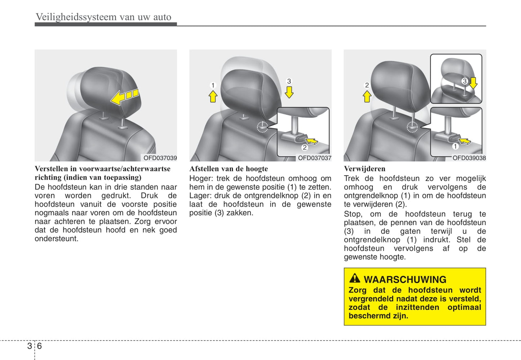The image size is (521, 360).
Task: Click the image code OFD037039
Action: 160,158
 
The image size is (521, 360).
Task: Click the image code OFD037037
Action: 315,158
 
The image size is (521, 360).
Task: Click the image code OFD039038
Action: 469,158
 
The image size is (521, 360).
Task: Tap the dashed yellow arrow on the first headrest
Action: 125,97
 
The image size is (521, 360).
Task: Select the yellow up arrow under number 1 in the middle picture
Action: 213,96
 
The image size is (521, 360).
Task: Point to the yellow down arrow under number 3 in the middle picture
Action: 289,92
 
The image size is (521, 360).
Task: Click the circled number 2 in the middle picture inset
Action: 305,147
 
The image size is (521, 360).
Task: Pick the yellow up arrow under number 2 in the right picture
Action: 367,96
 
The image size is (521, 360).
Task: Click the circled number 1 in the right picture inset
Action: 455,146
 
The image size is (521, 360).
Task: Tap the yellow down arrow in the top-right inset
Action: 473,83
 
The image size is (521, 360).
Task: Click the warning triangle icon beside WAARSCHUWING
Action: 354,278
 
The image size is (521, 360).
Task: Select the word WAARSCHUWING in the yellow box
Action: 405,280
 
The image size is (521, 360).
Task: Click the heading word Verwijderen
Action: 365,168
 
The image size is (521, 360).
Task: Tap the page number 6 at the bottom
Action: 39,346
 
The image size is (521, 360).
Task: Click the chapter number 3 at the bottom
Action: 30,346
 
